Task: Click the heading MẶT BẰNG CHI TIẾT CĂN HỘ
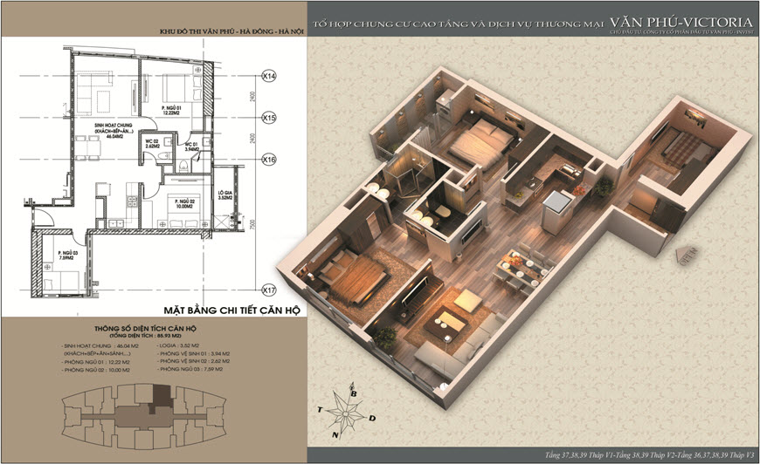point(230,310)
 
